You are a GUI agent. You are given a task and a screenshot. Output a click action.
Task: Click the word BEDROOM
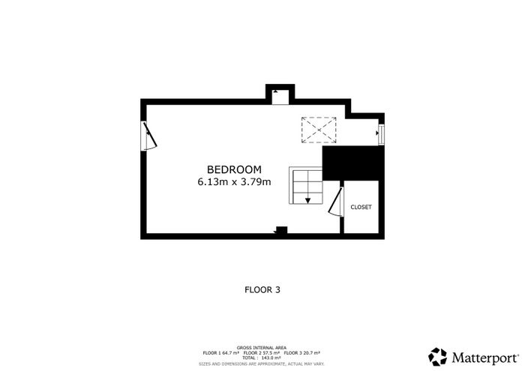tap(234, 169)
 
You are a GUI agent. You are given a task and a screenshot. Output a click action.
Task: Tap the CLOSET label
tap(361, 207)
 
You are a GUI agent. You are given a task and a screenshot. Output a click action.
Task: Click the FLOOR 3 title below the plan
tap(262, 290)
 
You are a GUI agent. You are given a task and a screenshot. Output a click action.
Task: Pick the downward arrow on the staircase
tap(307, 200)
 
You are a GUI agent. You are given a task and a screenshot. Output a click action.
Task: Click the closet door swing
tap(335, 202)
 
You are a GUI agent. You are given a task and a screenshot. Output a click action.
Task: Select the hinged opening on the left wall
tap(150, 136)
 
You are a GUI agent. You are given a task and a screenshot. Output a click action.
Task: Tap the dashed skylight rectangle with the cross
tap(319, 130)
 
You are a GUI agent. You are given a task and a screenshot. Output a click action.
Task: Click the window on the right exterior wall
tap(381, 134)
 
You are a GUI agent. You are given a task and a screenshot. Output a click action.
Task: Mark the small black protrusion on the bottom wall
tap(281, 230)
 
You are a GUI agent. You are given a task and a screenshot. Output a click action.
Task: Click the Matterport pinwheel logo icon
tap(437, 357)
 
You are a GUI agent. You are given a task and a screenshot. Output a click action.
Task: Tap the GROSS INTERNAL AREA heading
tap(262, 348)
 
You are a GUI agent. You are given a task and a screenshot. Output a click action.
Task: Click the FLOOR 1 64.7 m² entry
tap(221, 352)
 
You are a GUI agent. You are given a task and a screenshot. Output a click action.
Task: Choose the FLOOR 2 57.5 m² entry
tap(262, 352)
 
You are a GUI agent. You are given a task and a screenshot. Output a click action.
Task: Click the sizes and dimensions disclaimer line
tap(262, 364)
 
